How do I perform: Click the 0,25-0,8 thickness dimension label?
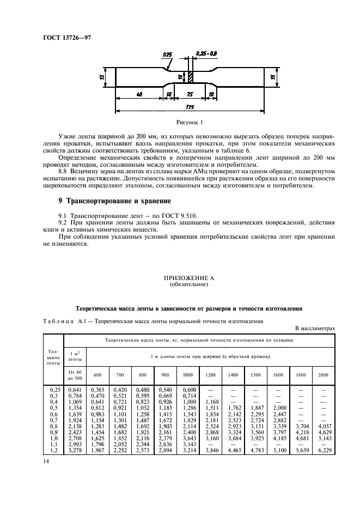pos(206,54)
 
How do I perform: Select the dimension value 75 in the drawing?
pos(189,94)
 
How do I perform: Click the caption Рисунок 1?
pos(189,123)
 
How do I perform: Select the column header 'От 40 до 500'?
pos(75,375)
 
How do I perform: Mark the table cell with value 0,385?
pos(97,390)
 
